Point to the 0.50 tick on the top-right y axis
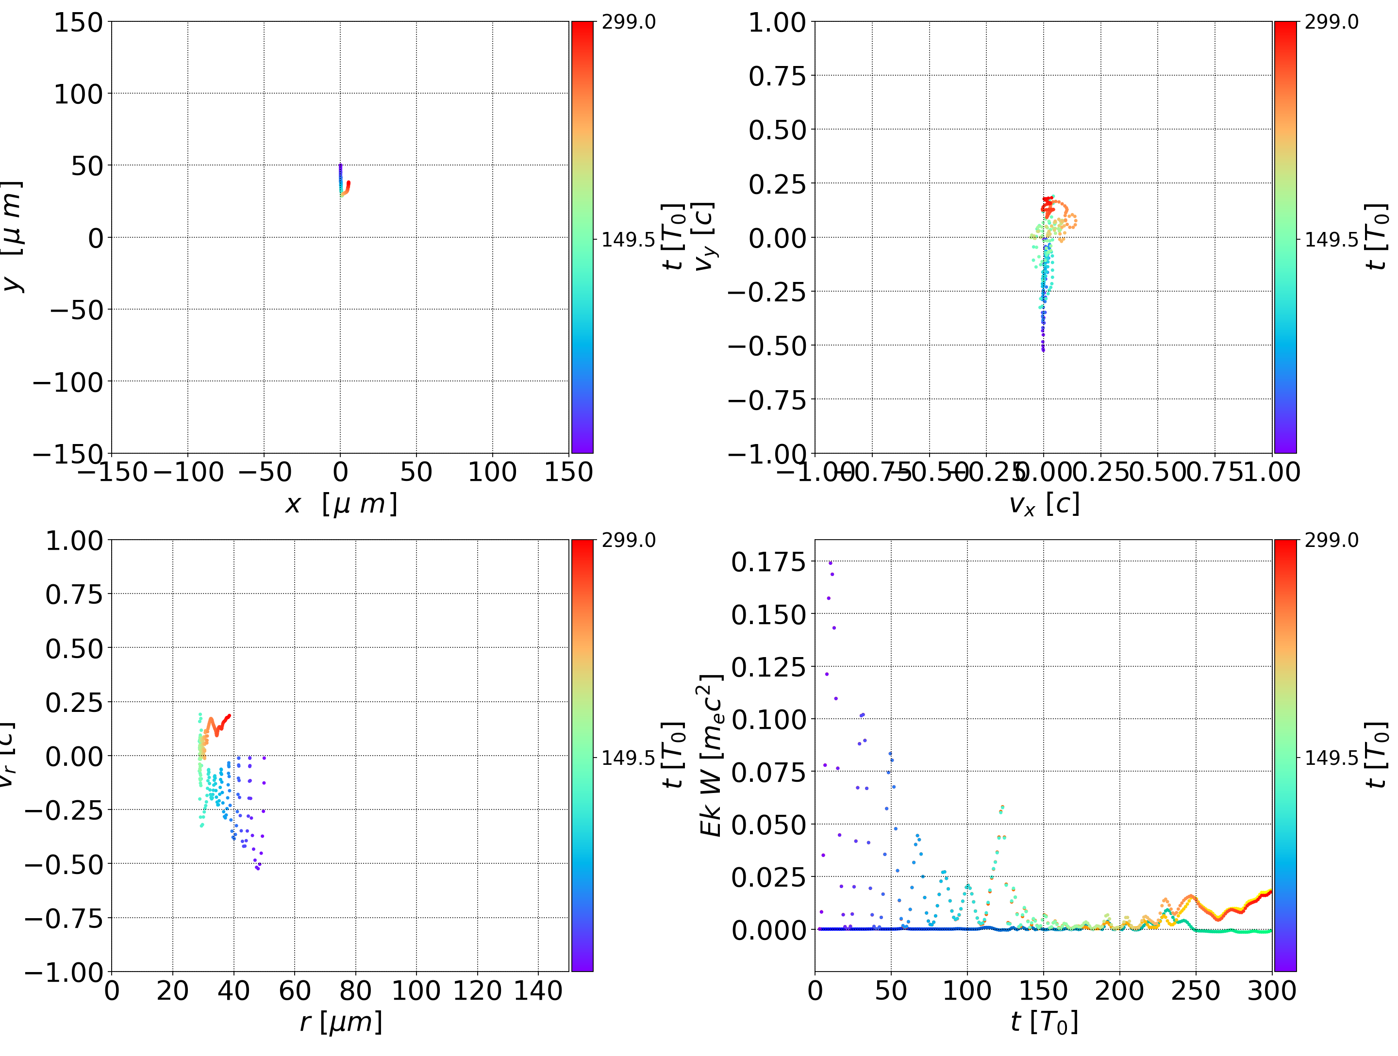click(777, 130)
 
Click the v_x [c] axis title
click(1044, 504)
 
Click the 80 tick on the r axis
click(355, 990)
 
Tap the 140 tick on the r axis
click(538, 990)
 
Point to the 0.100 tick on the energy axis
click(768, 719)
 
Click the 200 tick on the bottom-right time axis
click(1119, 990)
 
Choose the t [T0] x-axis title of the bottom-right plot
click(1044, 1022)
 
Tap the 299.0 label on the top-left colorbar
click(628, 22)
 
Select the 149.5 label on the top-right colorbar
click(1331, 240)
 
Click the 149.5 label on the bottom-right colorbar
click(1331, 758)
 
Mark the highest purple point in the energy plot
click(831, 562)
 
